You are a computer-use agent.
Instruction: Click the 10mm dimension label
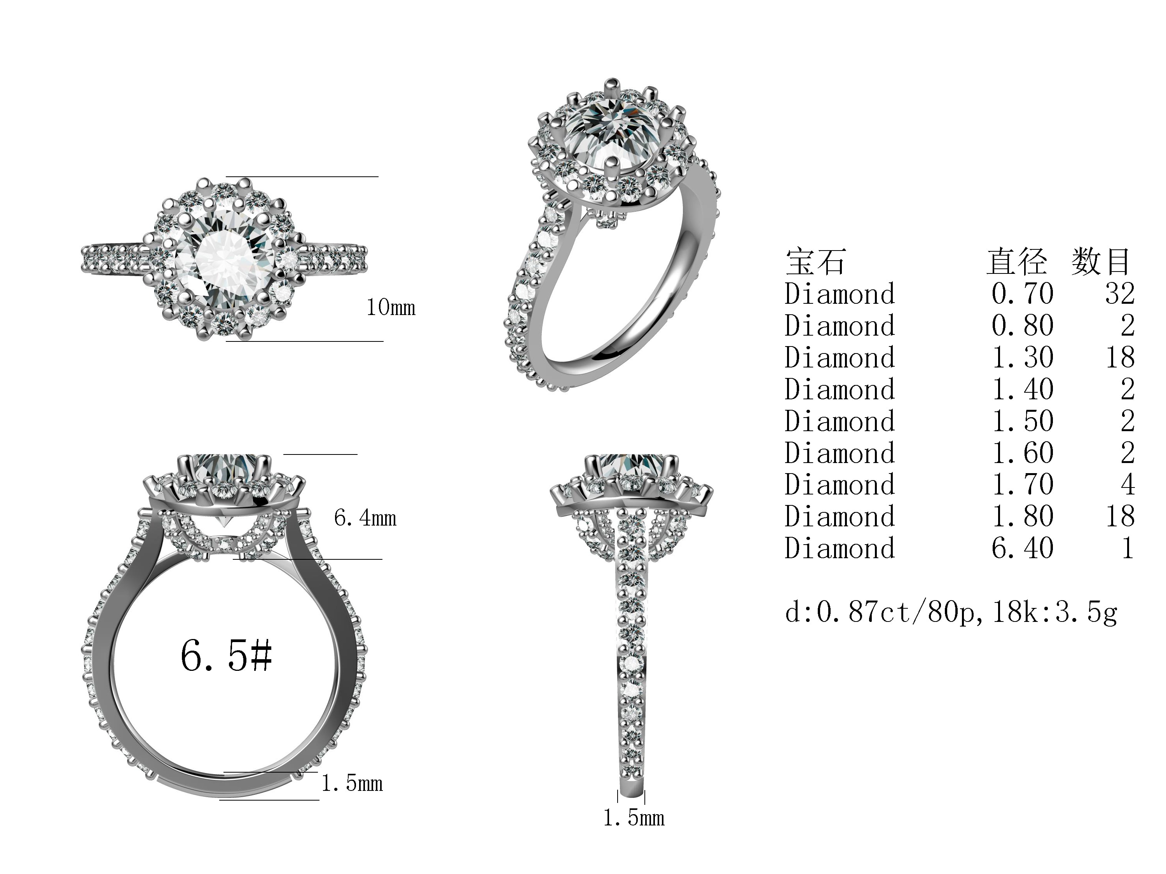click(x=391, y=307)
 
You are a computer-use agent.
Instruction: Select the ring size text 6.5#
click(x=226, y=656)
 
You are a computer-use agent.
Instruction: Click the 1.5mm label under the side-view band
click(x=634, y=818)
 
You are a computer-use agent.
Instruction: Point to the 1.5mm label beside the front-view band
click(x=352, y=783)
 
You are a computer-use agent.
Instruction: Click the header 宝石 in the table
click(x=815, y=261)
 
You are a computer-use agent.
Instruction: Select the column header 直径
click(x=1017, y=261)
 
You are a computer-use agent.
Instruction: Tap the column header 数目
click(x=1101, y=261)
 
